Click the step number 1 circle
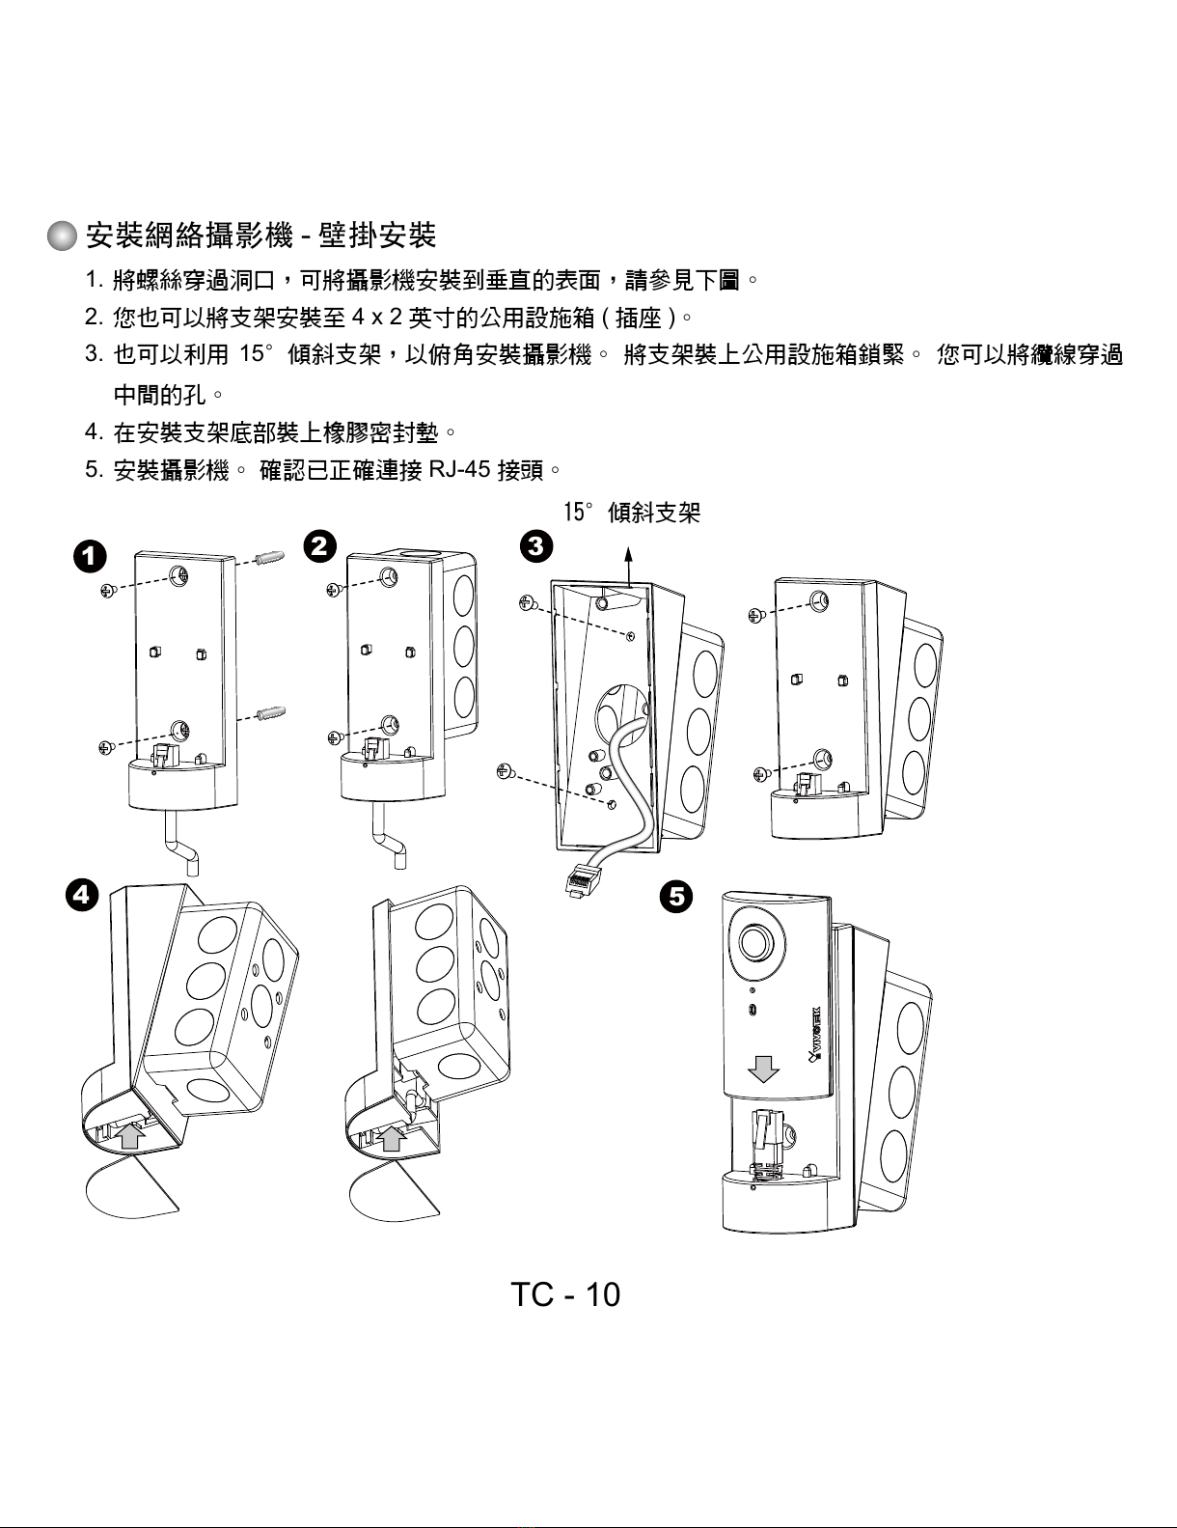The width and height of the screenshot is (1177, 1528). pyautogui.click(x=88, y=557)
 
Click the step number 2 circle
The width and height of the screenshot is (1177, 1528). pyautogui.click(x=319, y=546)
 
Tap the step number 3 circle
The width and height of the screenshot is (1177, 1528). pyautogui.click(x=535, y=546)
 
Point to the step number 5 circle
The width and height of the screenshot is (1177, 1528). pyautogui.click(x=676, y=897)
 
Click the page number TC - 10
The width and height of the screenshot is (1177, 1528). pyautogui.click(x=565, y=1294)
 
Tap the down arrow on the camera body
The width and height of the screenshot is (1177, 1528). pyautogui.click(x=765, y=1068)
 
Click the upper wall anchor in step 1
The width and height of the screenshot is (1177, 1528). pyautogui.click(x=272, y=560)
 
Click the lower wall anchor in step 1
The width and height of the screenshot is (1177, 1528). pyautogui.click(x=275, y=712)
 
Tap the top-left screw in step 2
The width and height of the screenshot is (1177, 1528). pyautogui.click(x=335, y=588)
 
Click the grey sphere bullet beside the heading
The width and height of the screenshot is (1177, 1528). pyautogui.click(x=63, y=236)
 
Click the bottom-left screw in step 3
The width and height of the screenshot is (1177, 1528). pyautogui.click(x=503, y=770)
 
